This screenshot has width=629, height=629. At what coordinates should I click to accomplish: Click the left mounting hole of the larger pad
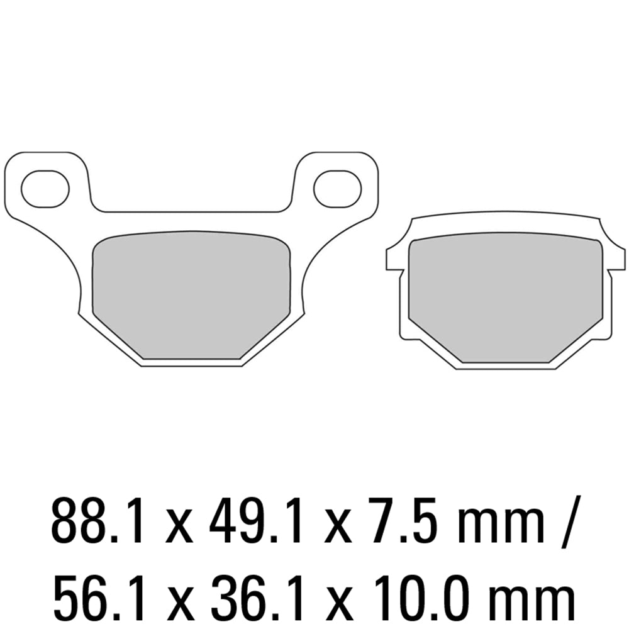point(45,188)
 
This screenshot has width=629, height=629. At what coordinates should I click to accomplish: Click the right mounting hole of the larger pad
point(337,188)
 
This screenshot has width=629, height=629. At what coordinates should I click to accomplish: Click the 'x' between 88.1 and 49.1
point(179,525)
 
